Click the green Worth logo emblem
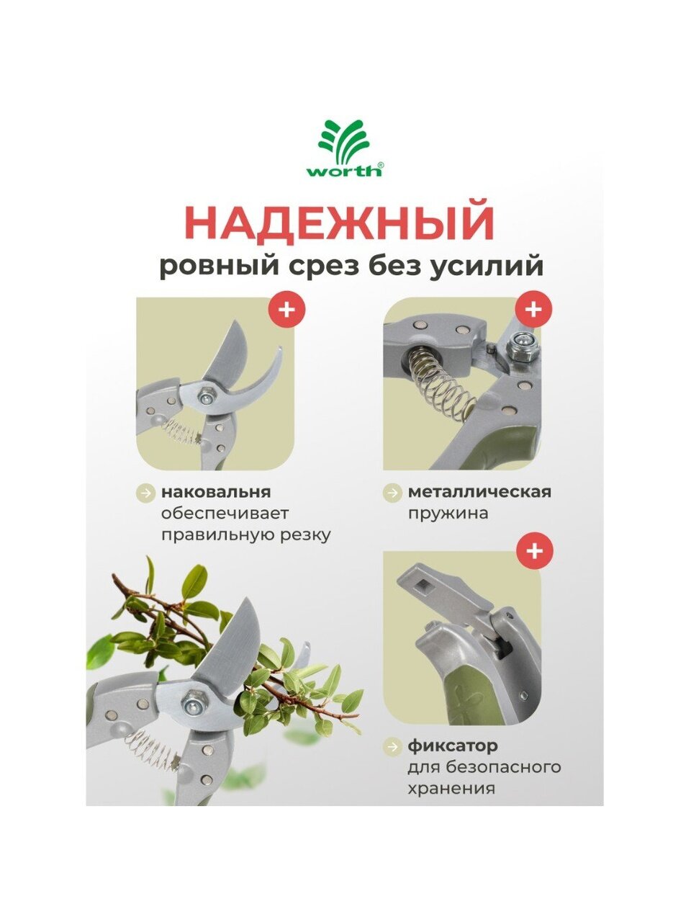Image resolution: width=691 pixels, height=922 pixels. pyautogui.click(x=345, y=143)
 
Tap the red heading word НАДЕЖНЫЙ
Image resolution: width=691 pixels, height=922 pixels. pyautogui.click(x=339, y=223)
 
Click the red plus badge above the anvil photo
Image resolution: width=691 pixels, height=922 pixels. pyautogui.click(x=287, y=310)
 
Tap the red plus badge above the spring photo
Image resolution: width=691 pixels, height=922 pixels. pyautogui.click(x=533, y=309)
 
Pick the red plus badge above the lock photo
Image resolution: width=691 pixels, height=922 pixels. pyautogui.click(x=534, y=551)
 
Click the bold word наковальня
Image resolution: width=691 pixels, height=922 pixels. pyautogui.click(x=216, y=492)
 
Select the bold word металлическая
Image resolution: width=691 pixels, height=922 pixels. pyautogui.click(x=479, y=492)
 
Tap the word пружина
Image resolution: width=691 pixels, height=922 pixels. pyautogui.click(x=448, y=514)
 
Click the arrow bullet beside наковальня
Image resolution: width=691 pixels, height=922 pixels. pyautogui.click(x=146, y=492)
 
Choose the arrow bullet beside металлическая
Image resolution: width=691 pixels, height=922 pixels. pyautogui.click(x=393, y=492)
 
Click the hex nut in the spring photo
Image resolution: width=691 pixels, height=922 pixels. pyautogui.click(x=520, y=346)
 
